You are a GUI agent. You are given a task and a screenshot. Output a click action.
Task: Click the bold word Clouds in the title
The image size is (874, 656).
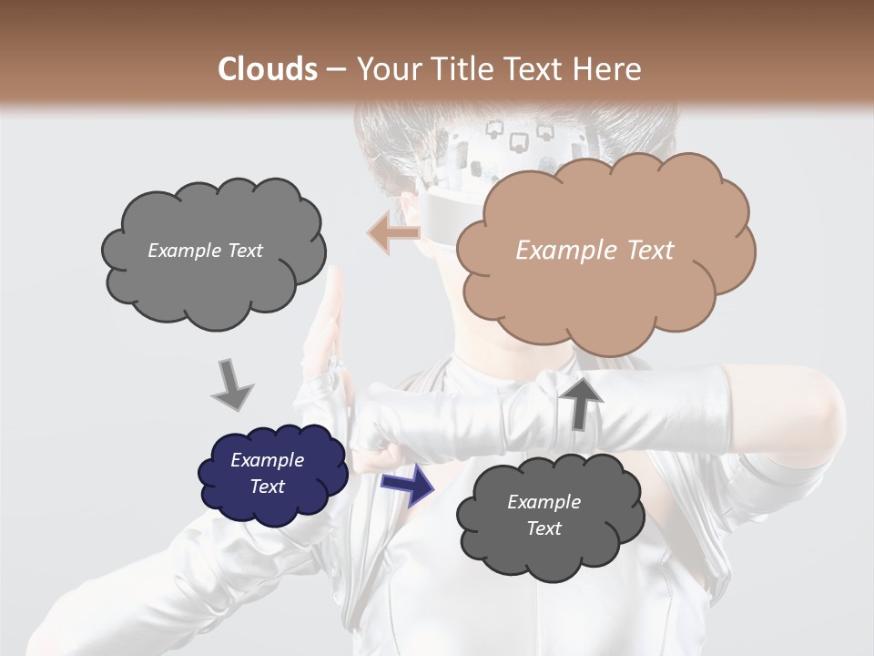point(267,69)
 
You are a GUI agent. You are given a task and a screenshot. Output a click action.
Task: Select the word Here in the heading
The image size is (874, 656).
point(607,69)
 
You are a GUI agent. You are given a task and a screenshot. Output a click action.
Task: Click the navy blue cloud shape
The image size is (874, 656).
point(272,474)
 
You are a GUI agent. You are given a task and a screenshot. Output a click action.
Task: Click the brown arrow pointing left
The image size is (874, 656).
point(393,233)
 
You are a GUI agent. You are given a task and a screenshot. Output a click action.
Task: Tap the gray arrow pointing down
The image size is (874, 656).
point(232,384)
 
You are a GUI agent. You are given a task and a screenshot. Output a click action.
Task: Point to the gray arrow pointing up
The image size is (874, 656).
point(582,402)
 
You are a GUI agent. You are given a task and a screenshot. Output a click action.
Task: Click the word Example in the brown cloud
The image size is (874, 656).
point(561,251)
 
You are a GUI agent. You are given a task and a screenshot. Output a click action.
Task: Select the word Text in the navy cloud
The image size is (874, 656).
point(268,487)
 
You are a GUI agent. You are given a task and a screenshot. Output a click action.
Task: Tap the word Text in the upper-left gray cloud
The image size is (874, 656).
point(244,251)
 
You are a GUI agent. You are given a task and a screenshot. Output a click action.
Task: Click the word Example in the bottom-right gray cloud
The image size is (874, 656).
point(544,502)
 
